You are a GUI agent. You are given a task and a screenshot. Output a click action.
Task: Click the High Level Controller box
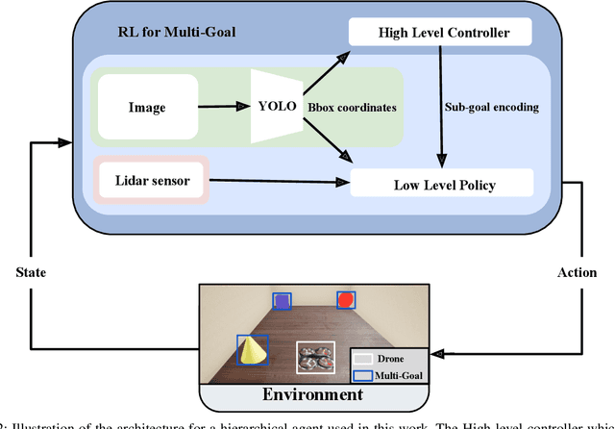coord(441,34)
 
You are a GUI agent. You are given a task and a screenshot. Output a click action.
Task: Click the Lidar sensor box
coord(152,180)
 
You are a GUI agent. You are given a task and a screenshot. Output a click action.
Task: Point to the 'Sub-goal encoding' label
coord(491,108)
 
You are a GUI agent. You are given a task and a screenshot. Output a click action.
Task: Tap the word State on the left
coord(32,271)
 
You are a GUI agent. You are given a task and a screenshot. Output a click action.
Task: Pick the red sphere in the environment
coord(345,301)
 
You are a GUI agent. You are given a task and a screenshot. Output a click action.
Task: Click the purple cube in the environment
coord(283,302)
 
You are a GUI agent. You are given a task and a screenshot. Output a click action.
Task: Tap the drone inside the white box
coord(314,359)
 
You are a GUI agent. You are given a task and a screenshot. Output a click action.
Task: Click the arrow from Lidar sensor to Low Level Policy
coord(279,180)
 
